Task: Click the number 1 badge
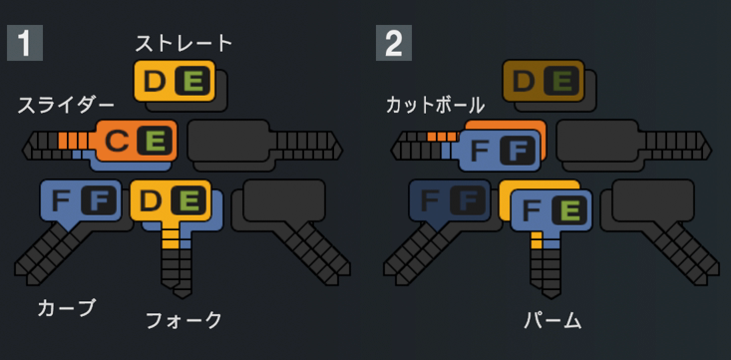click(x=25, y=43)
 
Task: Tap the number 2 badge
click(x=394, y=43)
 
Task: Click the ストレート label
click(x=183, y=44)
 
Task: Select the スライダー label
click(x=65, y=106)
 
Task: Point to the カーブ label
click(x=66, y=308)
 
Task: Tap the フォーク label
click(x=183, y=321)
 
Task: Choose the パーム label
click(x=552, y=321)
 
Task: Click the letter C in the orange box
click(x=117, y=141)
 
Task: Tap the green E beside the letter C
click(x=155, y=141)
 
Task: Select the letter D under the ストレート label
click(x=155, y=82)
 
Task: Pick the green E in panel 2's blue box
click(x=568, y=211)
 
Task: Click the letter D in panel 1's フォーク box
click(x=151, y=200)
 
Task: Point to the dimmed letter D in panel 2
click(x=524, y=82)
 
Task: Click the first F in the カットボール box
click(x=480, y=151)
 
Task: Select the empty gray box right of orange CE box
click(x=228, y=141)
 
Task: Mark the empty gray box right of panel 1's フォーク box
click(x=284, y=200)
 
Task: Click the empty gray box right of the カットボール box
click(x=597, y=141)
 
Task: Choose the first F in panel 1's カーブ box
click(x=61, y=200)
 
